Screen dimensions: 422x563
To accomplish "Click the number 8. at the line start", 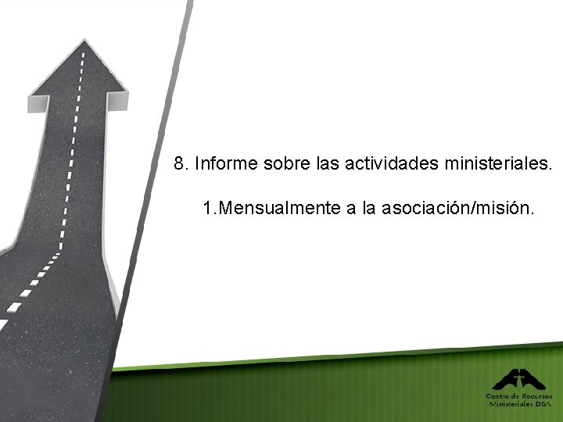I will coord(181,164).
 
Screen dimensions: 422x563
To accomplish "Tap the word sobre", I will coord(289,164).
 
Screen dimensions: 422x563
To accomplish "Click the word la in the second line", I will coord(369,209).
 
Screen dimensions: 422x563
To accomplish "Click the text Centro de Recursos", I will coord(520,396).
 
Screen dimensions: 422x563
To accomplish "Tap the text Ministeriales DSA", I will coord(520,404).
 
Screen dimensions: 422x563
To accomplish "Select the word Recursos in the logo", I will coord(537,396).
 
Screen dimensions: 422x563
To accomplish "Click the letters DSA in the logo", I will coord(544,404).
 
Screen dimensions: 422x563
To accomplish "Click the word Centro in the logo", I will coord(498,396).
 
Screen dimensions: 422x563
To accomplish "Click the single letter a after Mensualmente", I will coord(350,209).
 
